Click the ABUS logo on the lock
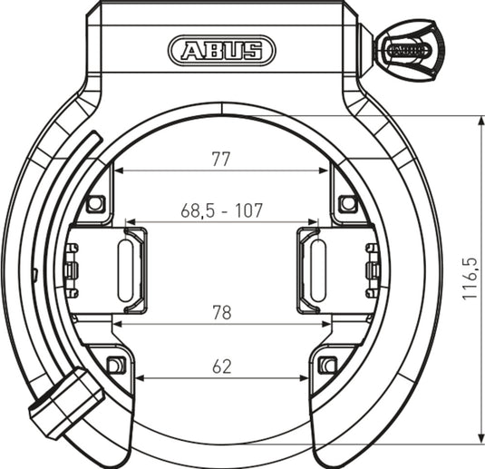click(x=221, y=50)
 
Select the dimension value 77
click(x=220, y=159)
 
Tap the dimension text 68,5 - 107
click(x=221, y=210)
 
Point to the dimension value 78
click(x=220, y=313)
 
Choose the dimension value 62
click(x=221, y=366)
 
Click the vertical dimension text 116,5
click(x=470, y=278)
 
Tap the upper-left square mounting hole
click(x=95, y=203)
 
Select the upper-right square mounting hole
click(x=347, y=203)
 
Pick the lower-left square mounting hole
click(x=115, y=366)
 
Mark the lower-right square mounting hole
click(x=328, y=366)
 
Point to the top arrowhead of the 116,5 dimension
click(x=479, y=120)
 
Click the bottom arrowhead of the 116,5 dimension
click(x=479, y=440)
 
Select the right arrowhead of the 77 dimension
click(x=327, y=171)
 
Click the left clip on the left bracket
click(x=71, y=270)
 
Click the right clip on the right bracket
click(x=372, y=270)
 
